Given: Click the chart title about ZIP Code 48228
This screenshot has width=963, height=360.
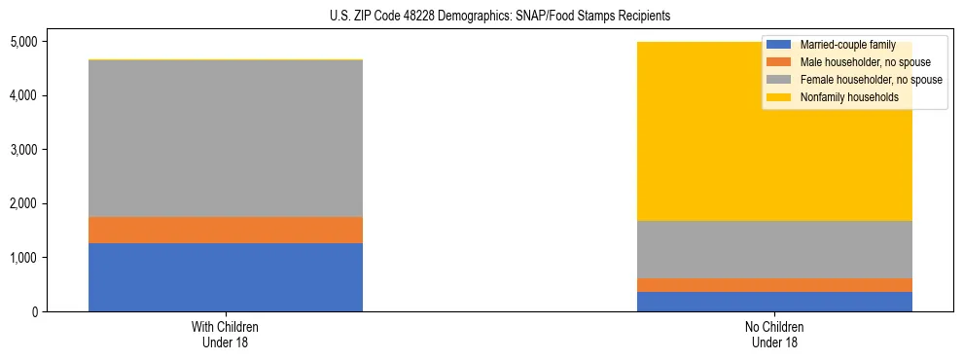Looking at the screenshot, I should [x=481, y=17].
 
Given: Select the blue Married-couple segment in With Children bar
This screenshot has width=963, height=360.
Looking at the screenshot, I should [x=226, y=277].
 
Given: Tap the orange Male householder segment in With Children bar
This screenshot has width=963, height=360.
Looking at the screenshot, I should [x=226, y=230].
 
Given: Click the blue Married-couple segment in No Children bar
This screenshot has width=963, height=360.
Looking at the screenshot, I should [x=774, y=302].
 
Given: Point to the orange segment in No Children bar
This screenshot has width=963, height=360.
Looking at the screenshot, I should [x=774, y=285].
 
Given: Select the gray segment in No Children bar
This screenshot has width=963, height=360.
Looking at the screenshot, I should [x=774, y=249].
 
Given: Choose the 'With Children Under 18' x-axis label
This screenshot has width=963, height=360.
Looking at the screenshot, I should [x=226, y=335].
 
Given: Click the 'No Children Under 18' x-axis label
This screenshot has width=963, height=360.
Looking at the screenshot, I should [x=774, y=335].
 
